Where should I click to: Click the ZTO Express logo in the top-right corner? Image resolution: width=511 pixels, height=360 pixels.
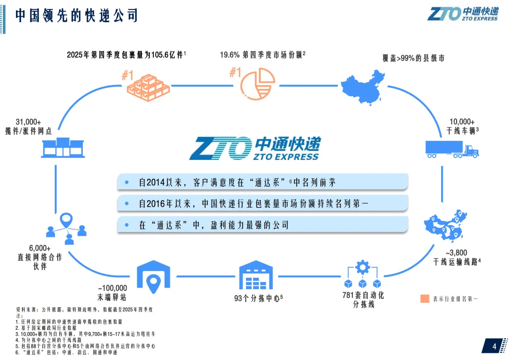pos(462,13)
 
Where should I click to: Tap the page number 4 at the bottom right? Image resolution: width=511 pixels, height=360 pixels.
pos(494,347)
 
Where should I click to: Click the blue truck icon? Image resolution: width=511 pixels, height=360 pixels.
pos(452,149)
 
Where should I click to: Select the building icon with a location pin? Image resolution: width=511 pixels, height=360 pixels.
pos(153,279)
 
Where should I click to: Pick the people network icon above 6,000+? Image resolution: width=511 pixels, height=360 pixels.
pos(67,229)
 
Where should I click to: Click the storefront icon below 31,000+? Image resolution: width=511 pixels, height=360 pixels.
pos(62,148)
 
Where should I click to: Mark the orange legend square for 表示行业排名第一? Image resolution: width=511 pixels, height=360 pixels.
pos(424,299)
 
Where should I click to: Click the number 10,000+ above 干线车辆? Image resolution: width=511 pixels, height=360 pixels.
pos(462,122)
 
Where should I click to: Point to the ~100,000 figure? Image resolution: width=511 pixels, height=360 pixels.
pos(113,288)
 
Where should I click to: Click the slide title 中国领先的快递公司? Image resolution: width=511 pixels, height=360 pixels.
pos(76,15)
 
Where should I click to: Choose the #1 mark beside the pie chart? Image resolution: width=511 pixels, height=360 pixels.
pos(235,72)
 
